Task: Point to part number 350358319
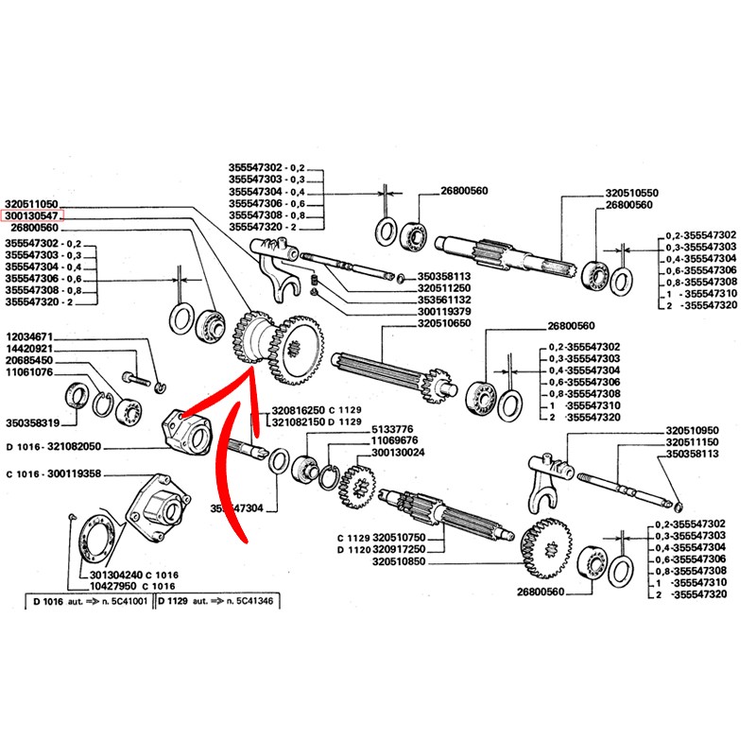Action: [32, 422]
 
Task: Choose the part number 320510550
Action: [632, 193]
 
